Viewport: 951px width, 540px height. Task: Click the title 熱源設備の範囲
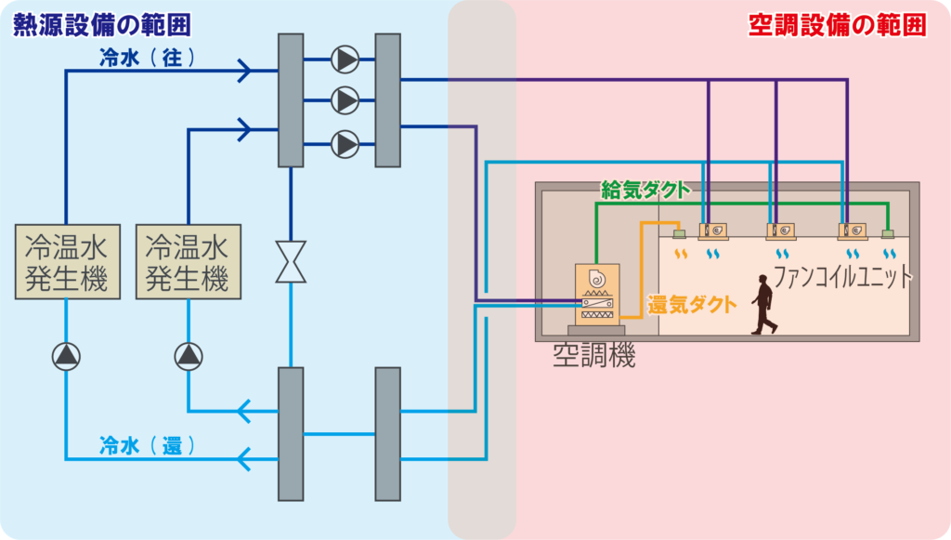pyautogui.click(x=100, y=25)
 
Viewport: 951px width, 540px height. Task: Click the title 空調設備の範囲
pyautogui.click(x=837, y=25)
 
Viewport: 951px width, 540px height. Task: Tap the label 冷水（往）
pyautogui.click(x=149, y=57)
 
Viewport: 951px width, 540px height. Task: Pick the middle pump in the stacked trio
pyautogui.click(x=345, y=99)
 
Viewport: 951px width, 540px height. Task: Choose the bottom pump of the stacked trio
pyautogui.click(x=345, y=143)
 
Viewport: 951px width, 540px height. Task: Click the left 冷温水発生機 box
pyautogui.click(x=67, y=261)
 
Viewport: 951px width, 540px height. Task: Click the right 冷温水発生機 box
pyautogui.click(x=189, y=261)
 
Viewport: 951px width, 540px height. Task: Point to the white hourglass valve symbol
pyautogui.click(x=291, y=261)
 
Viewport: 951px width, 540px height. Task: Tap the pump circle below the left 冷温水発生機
pyautogui.click(x=66, y=356)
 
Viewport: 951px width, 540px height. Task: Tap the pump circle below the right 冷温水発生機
pyautogui.click(x=189, y=356)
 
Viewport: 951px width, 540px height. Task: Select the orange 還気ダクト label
pyautogui.click(x=692, y=304)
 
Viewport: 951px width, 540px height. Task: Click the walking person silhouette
pyautogui.click(x=764, y=304)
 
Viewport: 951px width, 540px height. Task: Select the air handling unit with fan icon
pyautogui.click(x=595, y=295)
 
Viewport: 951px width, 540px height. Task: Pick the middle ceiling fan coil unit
pyautogui.click(x=780, y=230)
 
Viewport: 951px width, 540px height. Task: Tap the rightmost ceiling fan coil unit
pyautogui.click(x=852, y=230)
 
